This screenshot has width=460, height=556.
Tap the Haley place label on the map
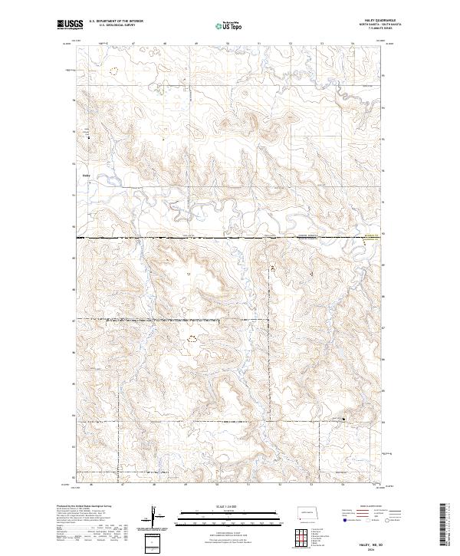click(86, 174)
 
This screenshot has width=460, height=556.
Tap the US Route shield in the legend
click(366, 518)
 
